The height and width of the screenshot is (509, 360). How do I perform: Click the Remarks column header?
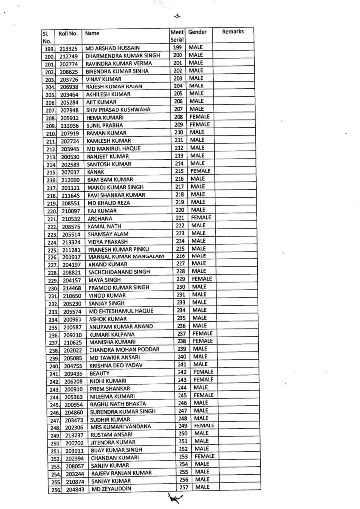tap(233, 32)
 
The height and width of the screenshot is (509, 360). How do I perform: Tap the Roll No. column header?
tap(68, 34)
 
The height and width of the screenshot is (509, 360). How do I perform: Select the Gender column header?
tap(197, 32)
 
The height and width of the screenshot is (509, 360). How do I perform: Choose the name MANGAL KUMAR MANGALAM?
tap(122, 257)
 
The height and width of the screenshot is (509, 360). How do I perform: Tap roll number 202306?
tap(70, 427)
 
